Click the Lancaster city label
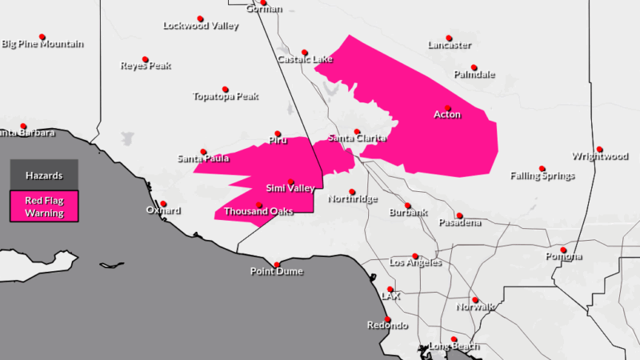point(449,46)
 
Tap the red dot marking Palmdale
point(474,67)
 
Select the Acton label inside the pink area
point(447,115)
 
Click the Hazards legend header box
point(44,174)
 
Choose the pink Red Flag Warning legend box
point(44,206)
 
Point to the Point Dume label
point(277,272)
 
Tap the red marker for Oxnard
point(163,203)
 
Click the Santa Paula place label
point(203,159)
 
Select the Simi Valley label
point(290,188)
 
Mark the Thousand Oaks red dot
point(259,205)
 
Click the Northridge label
point(352,199)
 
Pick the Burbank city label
point(408,213)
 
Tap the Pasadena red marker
point(459,215)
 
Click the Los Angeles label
point(414,262)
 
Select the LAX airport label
point(390,296)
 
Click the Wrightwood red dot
point(599,149)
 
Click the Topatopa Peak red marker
point(226,89)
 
